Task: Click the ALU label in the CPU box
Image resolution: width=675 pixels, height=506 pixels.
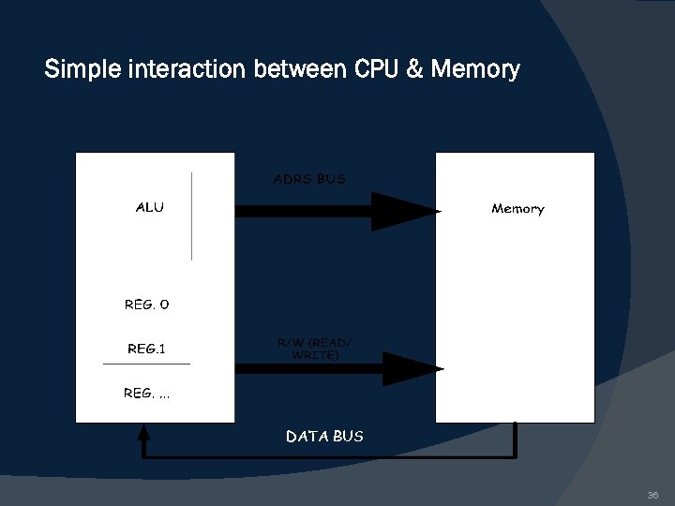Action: pos(149,207)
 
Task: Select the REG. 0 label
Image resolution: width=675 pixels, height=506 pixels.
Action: pos(147,305)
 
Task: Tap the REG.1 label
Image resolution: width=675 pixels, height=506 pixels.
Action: pos(146,349)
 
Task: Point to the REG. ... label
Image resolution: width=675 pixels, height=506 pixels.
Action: pos(147,394)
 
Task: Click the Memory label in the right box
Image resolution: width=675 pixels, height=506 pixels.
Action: pos(517,209)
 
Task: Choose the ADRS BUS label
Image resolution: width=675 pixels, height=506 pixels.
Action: pos(309,179)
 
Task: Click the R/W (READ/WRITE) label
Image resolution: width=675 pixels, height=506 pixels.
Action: pos(315,349)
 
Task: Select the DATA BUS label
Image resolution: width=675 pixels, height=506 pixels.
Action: pos(324,436)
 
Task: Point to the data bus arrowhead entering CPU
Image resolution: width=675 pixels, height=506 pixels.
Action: pos(143,432)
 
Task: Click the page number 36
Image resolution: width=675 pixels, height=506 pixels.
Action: pos(652,495)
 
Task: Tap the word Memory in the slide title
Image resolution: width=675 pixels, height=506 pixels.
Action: pos(475,69)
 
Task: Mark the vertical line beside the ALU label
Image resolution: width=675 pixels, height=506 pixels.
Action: pos(192,216)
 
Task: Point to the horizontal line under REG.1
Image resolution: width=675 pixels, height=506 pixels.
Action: pos(146,363)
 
